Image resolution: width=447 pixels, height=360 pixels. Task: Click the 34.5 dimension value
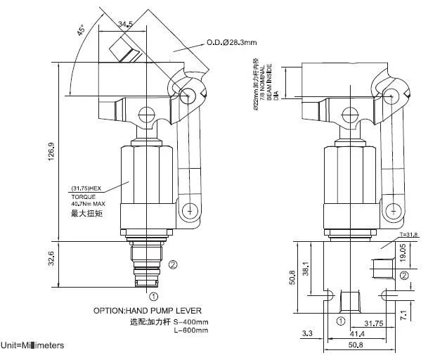(x=126, y=25)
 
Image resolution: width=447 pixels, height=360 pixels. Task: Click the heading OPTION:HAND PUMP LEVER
(x=148, y=310)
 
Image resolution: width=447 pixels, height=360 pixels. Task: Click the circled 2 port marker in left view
(x=173, y=265)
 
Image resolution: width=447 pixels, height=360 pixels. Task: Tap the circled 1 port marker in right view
(x=341, y=321)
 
